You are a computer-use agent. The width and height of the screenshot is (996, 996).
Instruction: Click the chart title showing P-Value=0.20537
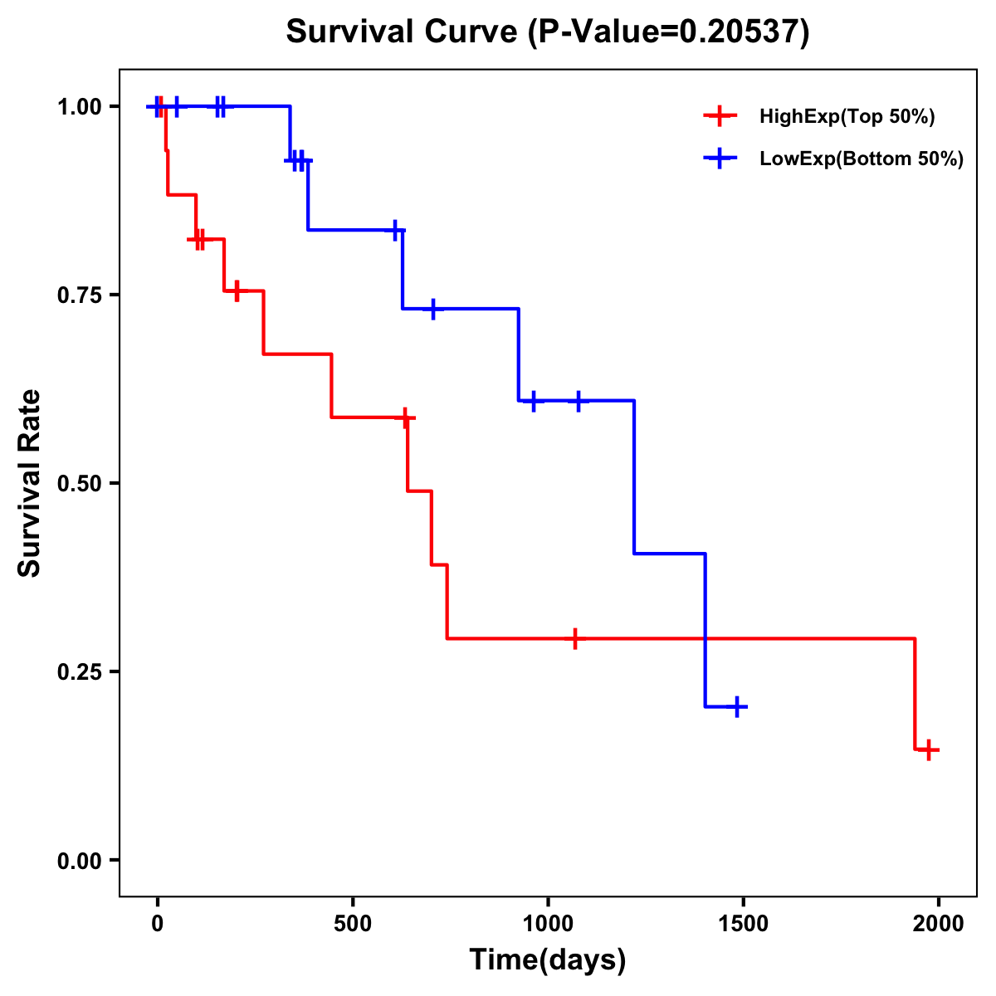click(547, 32)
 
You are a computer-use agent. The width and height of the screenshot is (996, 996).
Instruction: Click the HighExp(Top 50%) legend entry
click(847, 117)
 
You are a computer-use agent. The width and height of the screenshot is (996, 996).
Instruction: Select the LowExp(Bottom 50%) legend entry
click(861, 159)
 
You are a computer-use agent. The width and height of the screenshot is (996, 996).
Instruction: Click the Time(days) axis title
click(548, 960)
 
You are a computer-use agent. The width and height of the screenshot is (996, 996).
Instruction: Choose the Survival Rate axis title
click(30, 482)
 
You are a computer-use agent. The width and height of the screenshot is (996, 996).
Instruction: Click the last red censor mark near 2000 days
click(930, 749)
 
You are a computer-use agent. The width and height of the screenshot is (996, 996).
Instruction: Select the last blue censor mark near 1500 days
click(736, 707)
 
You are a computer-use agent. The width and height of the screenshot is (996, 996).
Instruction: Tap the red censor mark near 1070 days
click(574, 638)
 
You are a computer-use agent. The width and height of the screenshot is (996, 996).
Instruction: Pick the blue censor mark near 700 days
click(432, 309)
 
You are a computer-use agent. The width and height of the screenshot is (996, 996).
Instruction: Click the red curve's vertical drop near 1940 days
click(915, 694)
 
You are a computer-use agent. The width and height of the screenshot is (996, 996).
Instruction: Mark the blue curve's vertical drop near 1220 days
click(634, 477)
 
